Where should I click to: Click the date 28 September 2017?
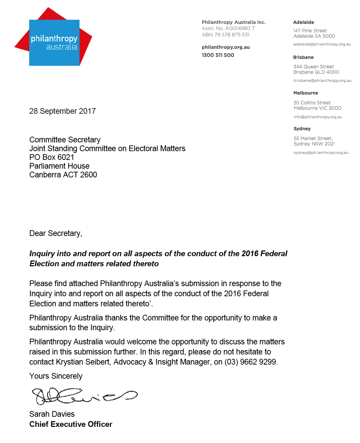pyautogui.click(x=62, y=111)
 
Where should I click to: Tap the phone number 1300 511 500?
pyautogui.click(x=218, y=55)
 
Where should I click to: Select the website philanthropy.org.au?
pyautogui.click(x=225, y=47)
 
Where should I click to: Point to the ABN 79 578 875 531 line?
pyautogui.click(x=225, y=35)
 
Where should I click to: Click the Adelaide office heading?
pyautogui.click(x=303, y=22)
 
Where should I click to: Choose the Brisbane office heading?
pyautogui.click(x=303, y=57)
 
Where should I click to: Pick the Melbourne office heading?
pyautogui.click(x=305, y=93)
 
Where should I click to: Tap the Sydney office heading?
pyautogui.click(x=302, y=129)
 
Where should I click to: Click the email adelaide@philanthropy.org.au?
pyautogui.click(x=322, y=44)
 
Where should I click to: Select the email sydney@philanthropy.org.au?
pyautogui.click(x=321, y=152)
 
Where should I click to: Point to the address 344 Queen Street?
pyautogui.click(x=313, y=67)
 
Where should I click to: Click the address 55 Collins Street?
pyautogui.click(x=312, y=103)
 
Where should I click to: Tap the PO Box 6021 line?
pyautogui.click(x=51, y=157)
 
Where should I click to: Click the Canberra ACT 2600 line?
pyautogui.click(x=63, y=175)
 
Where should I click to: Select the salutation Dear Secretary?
pyautogui.click(x=56, y=233)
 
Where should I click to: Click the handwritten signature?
pyautogui.click(x=84, y=396)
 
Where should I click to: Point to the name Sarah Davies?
pyautogui.click(x=52, y=414)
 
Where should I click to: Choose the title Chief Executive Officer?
pyautogui.click(x=71, y=424)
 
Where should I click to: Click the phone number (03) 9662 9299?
pyautogui.click(x=251, y=362)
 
